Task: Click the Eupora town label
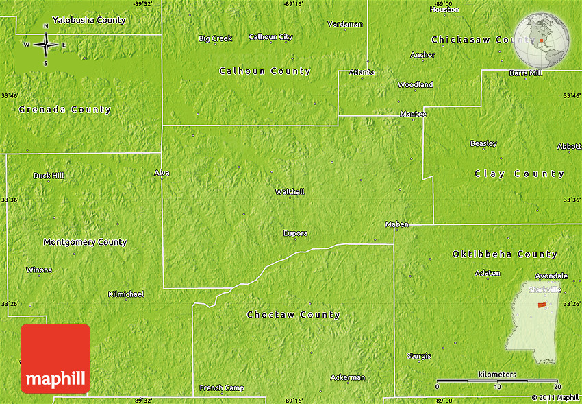(295, 233)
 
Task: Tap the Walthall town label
(289, 192)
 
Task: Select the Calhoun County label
(264, 71)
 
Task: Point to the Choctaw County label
(293, 315)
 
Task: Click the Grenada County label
(64, 110)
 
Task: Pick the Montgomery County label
(85, 242)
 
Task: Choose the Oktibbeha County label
(505, 254)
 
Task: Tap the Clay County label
(519, 174)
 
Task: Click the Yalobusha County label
(89, 20)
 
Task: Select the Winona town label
(39, 270)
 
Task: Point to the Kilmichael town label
(126, 294)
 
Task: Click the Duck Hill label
(49, 176)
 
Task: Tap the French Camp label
(221, 388)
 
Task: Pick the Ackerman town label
(347, 377)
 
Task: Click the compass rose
(45, 45)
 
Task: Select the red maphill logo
(55, 358)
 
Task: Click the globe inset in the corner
(543, 39)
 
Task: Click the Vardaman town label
(345, 24)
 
